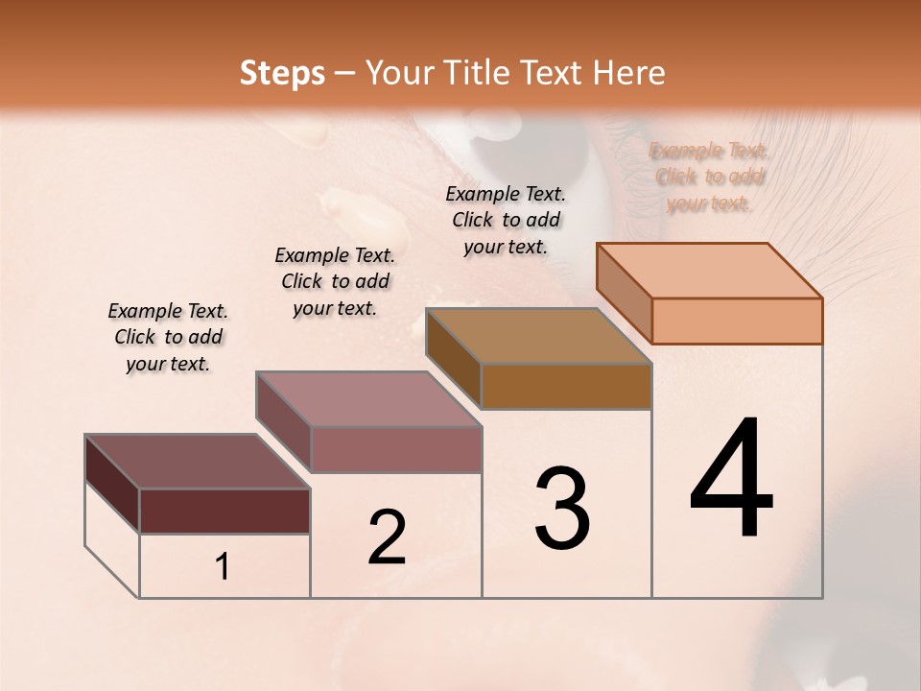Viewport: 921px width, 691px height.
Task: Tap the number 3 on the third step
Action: [562, 509]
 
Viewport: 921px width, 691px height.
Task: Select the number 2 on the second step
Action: [387, 537]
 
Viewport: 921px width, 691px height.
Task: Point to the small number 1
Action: [223, 567]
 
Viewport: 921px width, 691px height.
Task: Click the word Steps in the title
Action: [282, 73]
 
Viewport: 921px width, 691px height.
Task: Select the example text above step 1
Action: [168, 337]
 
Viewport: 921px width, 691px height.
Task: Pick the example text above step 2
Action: [335, 281]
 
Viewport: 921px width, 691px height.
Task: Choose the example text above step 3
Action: [506, 220]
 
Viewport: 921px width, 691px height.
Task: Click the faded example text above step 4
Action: [709, 177]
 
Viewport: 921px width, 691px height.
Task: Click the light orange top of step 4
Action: [710, 270]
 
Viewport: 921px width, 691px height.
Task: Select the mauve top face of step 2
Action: [368, 399]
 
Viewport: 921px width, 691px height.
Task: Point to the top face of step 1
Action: [198, 462]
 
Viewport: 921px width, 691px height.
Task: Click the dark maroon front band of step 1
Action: [224, 511]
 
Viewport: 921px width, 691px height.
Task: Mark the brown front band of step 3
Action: [566, 386]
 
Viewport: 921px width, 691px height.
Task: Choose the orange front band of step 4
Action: [737, 321]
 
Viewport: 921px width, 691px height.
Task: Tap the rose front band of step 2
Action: [395, 449]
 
